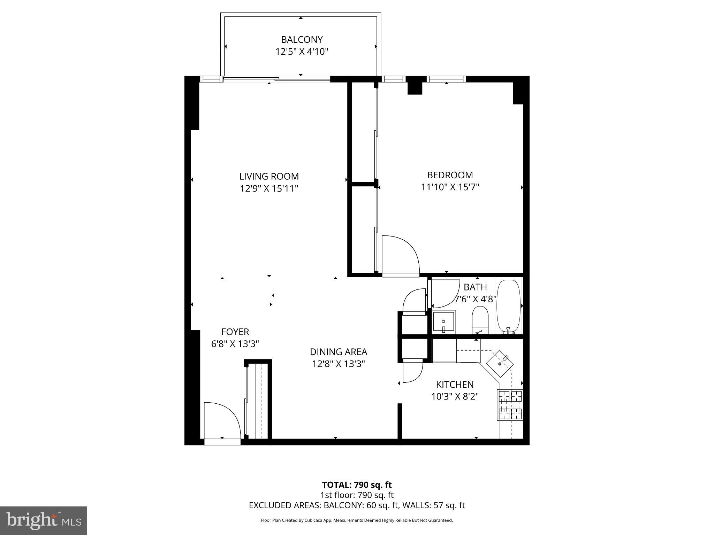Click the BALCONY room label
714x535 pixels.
(302, 39)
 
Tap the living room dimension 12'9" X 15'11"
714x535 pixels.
(269, 188)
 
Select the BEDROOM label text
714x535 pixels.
(450, 175)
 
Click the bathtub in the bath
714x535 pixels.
(508, 307)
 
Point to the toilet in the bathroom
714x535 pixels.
(480, 320)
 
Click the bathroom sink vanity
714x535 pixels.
(443, 321)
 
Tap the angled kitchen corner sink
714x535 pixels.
(501, 364)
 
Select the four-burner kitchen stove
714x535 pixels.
(510, 405)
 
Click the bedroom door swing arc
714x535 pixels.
(401, 254)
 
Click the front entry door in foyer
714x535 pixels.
(222, 422)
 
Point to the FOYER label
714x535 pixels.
(235, 332)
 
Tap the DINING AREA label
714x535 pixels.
(338, 352)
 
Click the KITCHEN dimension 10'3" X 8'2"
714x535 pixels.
(455, 396)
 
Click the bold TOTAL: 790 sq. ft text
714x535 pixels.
(357, 485)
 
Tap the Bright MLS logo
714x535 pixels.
(44, 520)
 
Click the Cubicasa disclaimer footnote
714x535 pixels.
(357, 520)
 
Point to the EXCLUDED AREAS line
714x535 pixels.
(357, 505)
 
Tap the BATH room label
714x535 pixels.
(475, 287)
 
